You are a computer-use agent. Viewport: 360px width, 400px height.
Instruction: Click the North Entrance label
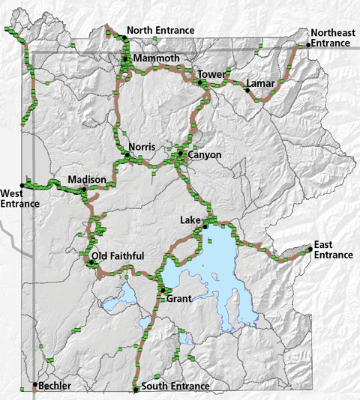[x=160, y=30]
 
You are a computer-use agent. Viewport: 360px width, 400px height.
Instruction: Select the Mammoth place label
[x=157, y=58]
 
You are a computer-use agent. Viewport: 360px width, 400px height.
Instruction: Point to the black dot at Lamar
[x=246, y=90]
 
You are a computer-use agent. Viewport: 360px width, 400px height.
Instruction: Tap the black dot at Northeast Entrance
[x=308, y=46]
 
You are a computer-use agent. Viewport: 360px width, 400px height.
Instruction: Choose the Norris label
[x=142, y=147]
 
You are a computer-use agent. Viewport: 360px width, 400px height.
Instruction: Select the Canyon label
[x=205, y=155]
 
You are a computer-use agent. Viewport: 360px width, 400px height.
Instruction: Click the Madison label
[x=87, y=180]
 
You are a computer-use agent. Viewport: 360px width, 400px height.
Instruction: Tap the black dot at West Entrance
[x=25, y=184]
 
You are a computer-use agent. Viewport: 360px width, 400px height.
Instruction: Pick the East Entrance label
[x=333, y=250]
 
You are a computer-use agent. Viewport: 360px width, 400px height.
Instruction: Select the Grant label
[x=179, y=298]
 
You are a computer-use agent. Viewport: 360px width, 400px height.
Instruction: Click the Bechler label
[x=55, y=386]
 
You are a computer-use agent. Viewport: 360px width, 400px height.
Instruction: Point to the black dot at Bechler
[x=34, y=386]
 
